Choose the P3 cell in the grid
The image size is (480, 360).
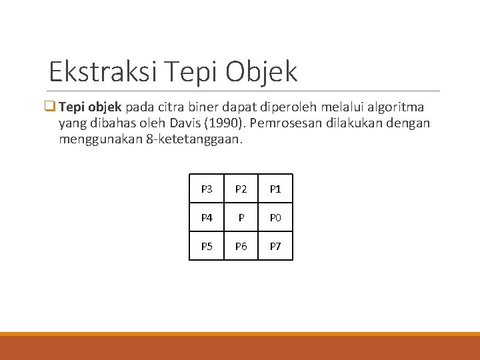[x=207, y=189]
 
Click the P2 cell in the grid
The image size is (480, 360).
[x=241, y=189]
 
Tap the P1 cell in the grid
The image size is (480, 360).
[x=275, y=189]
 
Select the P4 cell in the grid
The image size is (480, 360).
[x=207, y=217]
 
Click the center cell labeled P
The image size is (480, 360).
[x=241, y=217]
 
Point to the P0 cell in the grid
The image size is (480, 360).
[x=275, y=217]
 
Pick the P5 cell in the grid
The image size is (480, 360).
[x=207, y=246]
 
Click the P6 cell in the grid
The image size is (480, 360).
[x=241, y=246]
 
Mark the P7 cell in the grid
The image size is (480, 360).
[x=275, y=246]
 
